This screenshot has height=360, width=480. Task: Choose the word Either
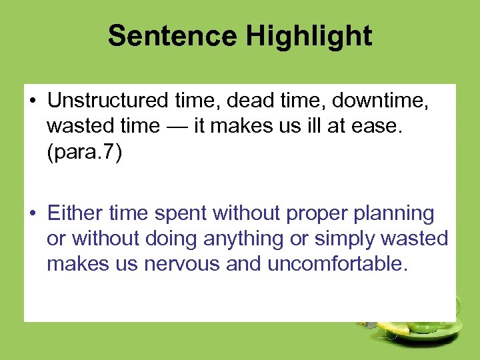click(x=75, y=214)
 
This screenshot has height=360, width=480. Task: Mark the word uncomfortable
click(x=336, y=263)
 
